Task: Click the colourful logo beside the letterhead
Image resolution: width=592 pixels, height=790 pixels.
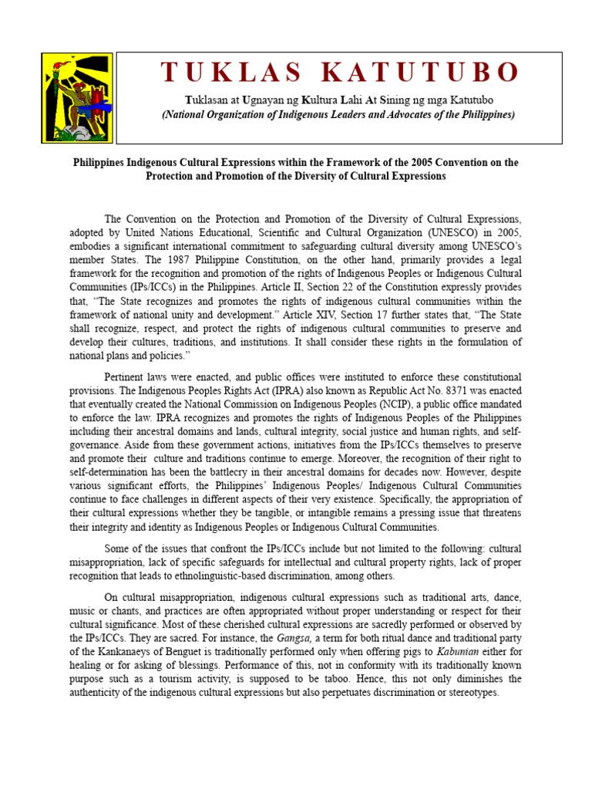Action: (x=77, y=98)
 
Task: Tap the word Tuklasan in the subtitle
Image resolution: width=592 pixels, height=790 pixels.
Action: (x=208, y=101)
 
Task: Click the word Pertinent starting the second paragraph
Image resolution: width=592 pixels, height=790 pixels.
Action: (x=127, y=376)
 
